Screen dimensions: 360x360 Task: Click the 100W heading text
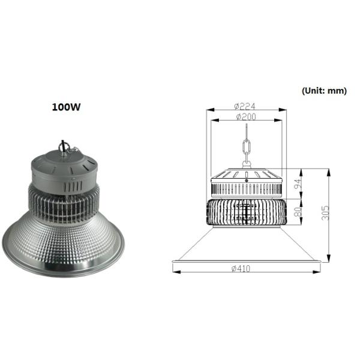point(66,108)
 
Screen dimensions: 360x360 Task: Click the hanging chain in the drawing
point(245,148)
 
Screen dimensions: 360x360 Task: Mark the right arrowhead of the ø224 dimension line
point(283,110)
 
